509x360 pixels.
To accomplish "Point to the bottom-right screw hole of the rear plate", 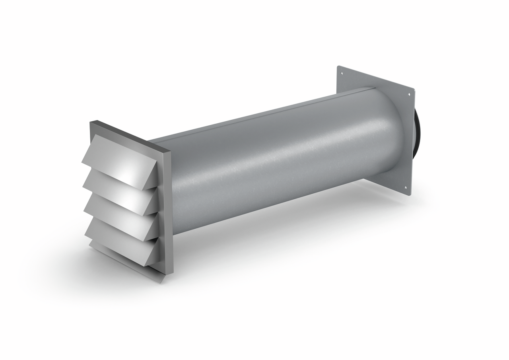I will [406, 188].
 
